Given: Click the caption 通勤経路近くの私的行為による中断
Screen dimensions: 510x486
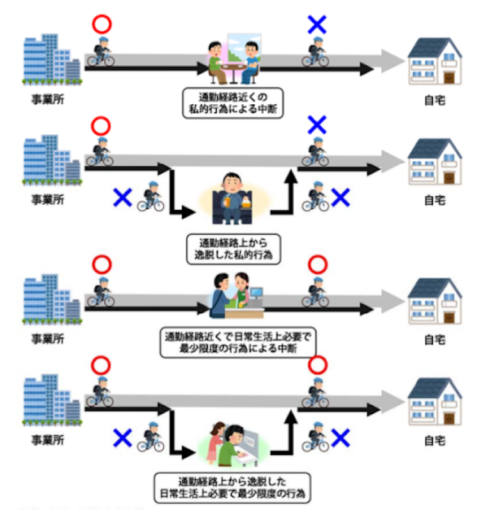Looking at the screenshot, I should point(233,101).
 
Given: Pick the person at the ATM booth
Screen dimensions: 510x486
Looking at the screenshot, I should point(233,445).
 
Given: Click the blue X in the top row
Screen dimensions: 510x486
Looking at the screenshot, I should point(317,26).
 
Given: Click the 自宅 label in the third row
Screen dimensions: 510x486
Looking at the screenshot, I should point(435,341).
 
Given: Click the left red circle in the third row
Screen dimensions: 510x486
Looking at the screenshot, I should point(102,265).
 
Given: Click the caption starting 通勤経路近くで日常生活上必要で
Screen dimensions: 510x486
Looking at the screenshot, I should point(233,343).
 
